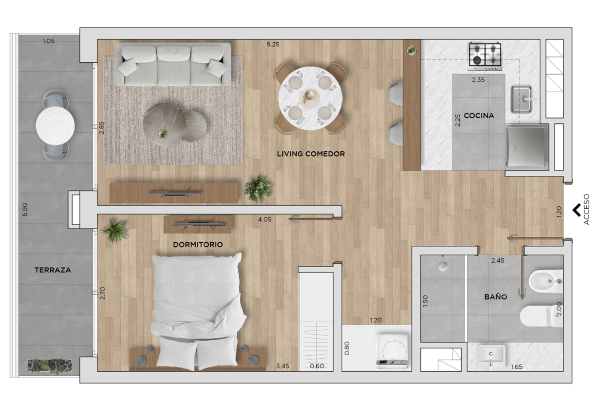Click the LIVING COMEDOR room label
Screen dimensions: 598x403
tap(311, 154)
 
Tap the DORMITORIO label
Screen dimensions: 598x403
tap(198, 244)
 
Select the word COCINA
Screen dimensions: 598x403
tap(479, 116)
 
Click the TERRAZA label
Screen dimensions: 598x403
tap(53, 270)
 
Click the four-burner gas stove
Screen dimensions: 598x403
tap(485, 56)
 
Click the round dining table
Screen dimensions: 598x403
tap(310, 98)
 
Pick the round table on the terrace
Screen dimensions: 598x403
tap(55, 125)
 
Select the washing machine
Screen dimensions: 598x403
tap(392, 351)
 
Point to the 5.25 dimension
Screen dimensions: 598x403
tap(273, 44)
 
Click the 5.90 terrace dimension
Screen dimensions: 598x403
tap(24, 209)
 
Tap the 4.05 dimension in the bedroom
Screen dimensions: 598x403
tap(265, 219)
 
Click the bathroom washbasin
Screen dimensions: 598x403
tap(491, 355)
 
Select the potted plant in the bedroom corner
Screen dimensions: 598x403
tap(115, 230)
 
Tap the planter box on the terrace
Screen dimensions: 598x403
tap(49, 366)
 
